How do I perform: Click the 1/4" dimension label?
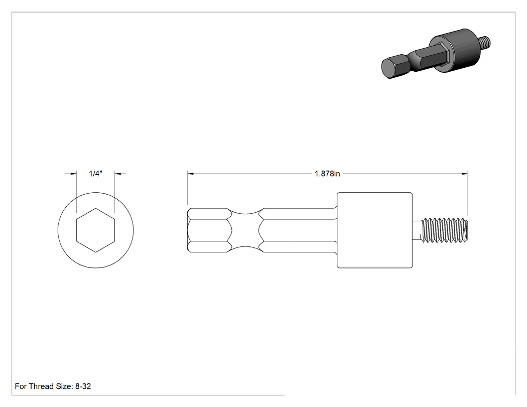tap(95, 174)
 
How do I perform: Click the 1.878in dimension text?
tap(327, 174)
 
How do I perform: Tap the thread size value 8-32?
tap(83, 386)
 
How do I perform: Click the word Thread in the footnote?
tap(40, 386)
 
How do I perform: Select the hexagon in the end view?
tap(96, 230)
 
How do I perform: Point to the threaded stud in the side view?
tap(444, 230)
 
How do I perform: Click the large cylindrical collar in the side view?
tap(375, 230)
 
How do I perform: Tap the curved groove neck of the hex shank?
tap(246, 230)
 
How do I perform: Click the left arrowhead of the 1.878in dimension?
tap(191, 174)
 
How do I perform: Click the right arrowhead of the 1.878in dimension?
tap(465, 174)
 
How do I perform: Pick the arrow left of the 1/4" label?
tap(71, 174)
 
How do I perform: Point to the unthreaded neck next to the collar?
tap(417, 230)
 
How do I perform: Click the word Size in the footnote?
tap(62, 386)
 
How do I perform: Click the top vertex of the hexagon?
tap(96, 208)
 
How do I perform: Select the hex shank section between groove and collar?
tap(299, 230)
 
